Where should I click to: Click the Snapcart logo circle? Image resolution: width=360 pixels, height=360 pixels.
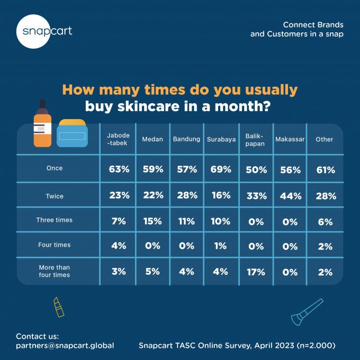click(x=33, y=31)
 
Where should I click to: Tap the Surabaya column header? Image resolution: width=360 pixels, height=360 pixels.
click(x=221, y=139)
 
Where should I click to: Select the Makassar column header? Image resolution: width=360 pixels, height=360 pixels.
click(x=290, y=139)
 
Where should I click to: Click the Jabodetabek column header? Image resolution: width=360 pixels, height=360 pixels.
click(x=118, y=139)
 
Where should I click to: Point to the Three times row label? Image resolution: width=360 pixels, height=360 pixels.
click(x=55, y=220)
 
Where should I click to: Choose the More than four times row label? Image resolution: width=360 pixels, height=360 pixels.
click(x=55, y=271)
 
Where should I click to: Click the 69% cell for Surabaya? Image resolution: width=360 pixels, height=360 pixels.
click(x=221, y=169)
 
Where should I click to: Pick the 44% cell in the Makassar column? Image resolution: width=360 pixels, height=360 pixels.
click(x=291, y=196)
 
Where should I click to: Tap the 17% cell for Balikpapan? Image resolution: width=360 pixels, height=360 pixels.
click(x=256, y=272)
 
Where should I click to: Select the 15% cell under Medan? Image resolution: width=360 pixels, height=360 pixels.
click(x=152, y=221)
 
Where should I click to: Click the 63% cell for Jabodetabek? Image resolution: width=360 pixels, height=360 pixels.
click(x=119, y=169)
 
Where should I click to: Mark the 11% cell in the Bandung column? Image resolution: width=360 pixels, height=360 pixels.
click(x=186, y=221)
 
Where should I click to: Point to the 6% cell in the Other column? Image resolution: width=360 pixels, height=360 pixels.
click(x=325, y=222)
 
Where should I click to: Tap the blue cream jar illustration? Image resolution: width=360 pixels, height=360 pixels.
click(x=72, y=133)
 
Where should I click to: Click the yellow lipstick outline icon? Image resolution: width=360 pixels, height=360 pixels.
click(x=59, y=307)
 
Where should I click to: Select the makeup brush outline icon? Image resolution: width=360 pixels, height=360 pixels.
click(x=307, y=312)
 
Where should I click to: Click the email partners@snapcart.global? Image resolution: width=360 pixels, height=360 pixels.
click(x=65, y=345)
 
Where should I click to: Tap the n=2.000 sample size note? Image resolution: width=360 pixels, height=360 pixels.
click(x=316, y=345)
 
